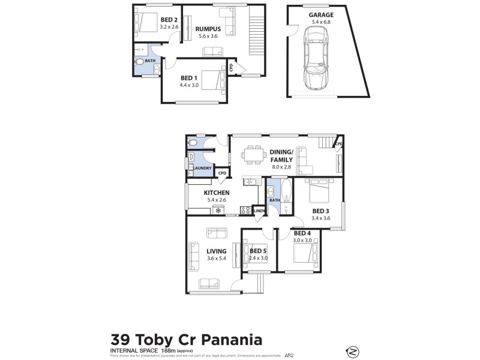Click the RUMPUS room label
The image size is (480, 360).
(209, 29)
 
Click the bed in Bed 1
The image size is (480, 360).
(209, 79)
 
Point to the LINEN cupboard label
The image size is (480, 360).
(259, 211)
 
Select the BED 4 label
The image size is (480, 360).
(301, 233)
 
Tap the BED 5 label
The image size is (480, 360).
(259, 251)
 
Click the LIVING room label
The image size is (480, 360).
(216, 251)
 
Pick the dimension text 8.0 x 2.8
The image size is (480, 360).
(280, 167)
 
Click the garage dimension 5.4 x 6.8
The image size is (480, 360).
(321, 22)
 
